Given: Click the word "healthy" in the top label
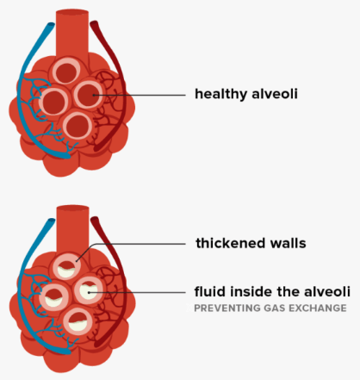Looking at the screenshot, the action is click(x=220, y=94).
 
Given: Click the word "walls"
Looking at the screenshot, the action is click(x=289, y=243).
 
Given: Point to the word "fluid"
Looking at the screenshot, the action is click(x=211, y=291).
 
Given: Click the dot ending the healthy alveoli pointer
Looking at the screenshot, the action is click(x=94, y=95).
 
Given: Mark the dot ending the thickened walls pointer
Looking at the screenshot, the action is click(x=77, y=261).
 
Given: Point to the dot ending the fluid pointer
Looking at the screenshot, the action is click(x=90, y=292).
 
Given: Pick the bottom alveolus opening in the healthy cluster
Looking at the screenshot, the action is click(x=78, y=126).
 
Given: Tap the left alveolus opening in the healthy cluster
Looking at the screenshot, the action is click(x=53, y=101).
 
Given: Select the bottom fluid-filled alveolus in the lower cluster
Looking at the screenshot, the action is click(x=78, y=321).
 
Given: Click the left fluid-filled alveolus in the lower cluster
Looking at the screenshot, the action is click(x=53, y=297).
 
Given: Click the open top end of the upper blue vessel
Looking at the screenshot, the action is click(x=51, y=25).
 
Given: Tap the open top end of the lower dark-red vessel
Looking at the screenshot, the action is click(x=95, y=221).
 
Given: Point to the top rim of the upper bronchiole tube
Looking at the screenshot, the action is click(x=72, y=12).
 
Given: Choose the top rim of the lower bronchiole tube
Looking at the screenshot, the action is click(x=72, y=208).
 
